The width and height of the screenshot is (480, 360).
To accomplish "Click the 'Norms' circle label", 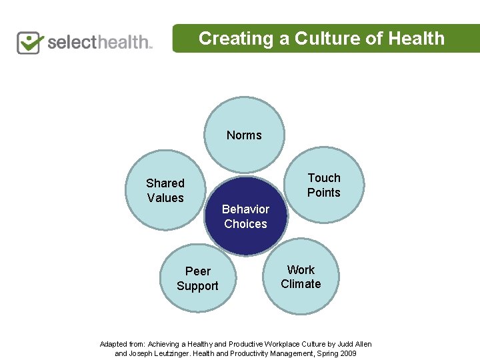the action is pos(244,135).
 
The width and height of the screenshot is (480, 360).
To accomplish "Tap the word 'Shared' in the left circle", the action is pos(165,183).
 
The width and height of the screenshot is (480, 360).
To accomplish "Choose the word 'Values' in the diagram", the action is pos(165,198).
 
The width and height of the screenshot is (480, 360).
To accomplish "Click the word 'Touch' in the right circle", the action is pos(324,178).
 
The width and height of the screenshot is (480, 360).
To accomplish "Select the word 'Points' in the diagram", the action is pos(324,193).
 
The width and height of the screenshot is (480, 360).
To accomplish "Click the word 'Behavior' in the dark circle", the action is pos(245,209).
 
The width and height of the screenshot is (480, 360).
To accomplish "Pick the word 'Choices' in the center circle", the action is pos(245,224).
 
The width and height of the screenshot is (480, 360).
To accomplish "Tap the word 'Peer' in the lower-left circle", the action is pos(198,271).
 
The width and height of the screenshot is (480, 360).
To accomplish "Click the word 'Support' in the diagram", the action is pos(197,286).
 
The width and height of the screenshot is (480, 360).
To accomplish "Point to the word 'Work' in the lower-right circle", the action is pos(301,270).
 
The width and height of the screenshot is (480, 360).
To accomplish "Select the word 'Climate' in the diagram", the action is pos(301,284).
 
